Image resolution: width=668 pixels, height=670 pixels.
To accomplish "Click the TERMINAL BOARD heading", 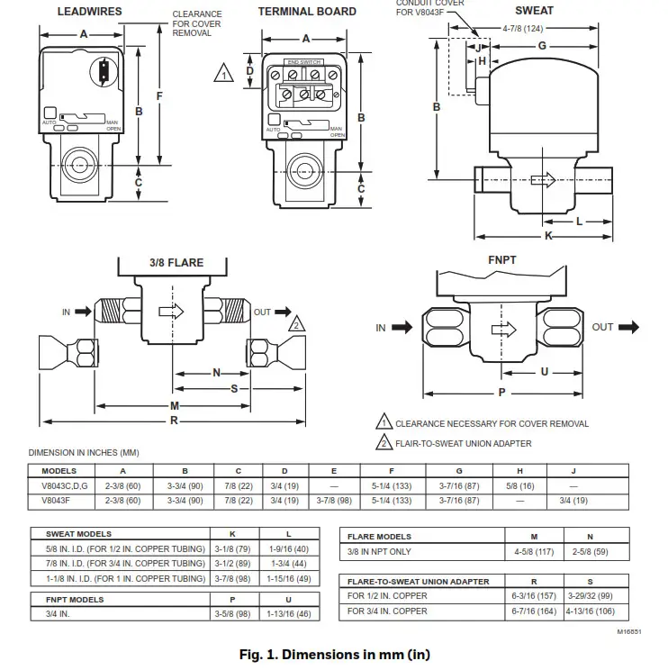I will tap(307, 12).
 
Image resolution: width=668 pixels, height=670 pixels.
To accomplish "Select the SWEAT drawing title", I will tap(534, 11).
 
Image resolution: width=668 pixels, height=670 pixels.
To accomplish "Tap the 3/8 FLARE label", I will tap(176, 263).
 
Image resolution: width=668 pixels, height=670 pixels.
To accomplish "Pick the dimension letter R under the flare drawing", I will tap(175, 421).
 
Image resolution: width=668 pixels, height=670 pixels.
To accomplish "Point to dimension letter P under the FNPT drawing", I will tap(501, 393).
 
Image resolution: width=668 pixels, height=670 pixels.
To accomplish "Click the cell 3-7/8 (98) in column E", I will tap(334, 501).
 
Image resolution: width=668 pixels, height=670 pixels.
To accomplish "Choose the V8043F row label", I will tap(59, 501).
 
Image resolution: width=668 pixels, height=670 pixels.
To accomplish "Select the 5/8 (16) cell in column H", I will tap(520, 485).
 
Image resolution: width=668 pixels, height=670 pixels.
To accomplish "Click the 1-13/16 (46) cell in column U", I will tap(288, 613).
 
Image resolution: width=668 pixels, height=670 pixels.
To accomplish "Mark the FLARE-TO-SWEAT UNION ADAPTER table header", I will tap(419, 582).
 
